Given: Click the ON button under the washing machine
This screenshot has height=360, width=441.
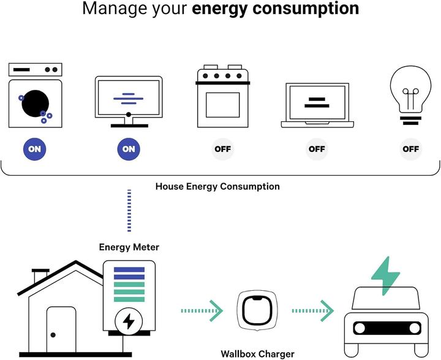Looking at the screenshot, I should pyautogui.click(x=35, y=149).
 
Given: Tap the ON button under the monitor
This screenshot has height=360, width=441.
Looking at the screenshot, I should pyautogui.click(x=129, y=149).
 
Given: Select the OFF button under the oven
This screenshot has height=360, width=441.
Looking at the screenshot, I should pyautogui.click(x=223, y=149).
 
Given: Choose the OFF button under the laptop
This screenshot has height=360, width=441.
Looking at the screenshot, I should pyautogui.click(x=317, y=149).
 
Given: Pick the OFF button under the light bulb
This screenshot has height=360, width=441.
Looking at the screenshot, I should pyautogui.click(x=411, y=149).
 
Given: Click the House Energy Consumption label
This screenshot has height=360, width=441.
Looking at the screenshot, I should pyautogui.click(x=217, y=186).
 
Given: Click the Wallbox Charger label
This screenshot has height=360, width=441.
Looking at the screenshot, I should pyautogui.click(x=257, y=353).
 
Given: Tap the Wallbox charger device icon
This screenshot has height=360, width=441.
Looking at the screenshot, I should pyautogui.click(x=257, y=311).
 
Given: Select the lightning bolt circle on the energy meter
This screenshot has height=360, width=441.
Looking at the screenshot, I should pyautogui.click(x=129, y=320).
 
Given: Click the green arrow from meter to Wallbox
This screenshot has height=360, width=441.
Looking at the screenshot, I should pyautogui.click(x=202, y=311).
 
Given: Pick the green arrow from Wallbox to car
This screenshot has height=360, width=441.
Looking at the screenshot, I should pyautogui.click(x=312, y=311).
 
